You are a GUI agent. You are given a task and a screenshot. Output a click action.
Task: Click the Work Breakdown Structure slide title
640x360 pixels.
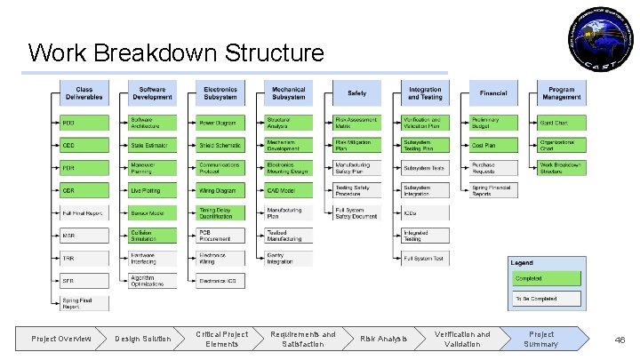pos(176,52)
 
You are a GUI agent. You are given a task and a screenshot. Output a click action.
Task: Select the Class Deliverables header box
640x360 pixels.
pos(84,93)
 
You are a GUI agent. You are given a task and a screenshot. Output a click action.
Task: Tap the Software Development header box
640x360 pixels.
pos(152,93)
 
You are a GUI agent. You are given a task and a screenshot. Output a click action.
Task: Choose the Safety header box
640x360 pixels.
pos(356,93)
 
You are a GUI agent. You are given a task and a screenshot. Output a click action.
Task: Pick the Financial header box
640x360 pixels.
pos(493,93)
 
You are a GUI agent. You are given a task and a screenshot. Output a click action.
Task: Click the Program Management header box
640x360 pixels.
pos(561,93)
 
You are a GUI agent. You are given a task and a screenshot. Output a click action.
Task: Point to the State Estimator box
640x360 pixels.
pos(152,144)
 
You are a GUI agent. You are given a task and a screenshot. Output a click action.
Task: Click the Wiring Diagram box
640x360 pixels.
pos(220,190)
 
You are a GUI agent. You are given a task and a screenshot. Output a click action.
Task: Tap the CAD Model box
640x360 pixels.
pos(288,190)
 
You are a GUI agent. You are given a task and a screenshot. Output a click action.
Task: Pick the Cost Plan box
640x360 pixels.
pos(493,144)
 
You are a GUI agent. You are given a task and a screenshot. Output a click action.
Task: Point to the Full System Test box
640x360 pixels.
pos(425,259)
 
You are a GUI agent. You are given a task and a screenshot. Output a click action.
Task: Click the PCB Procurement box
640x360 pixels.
pos(220,236)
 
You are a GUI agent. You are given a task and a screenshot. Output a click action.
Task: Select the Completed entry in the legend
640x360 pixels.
pos(545,278)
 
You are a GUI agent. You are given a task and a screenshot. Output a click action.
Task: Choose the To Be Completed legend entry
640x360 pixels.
pos(545,300)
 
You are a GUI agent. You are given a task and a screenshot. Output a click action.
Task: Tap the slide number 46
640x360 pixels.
pos(620,339)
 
